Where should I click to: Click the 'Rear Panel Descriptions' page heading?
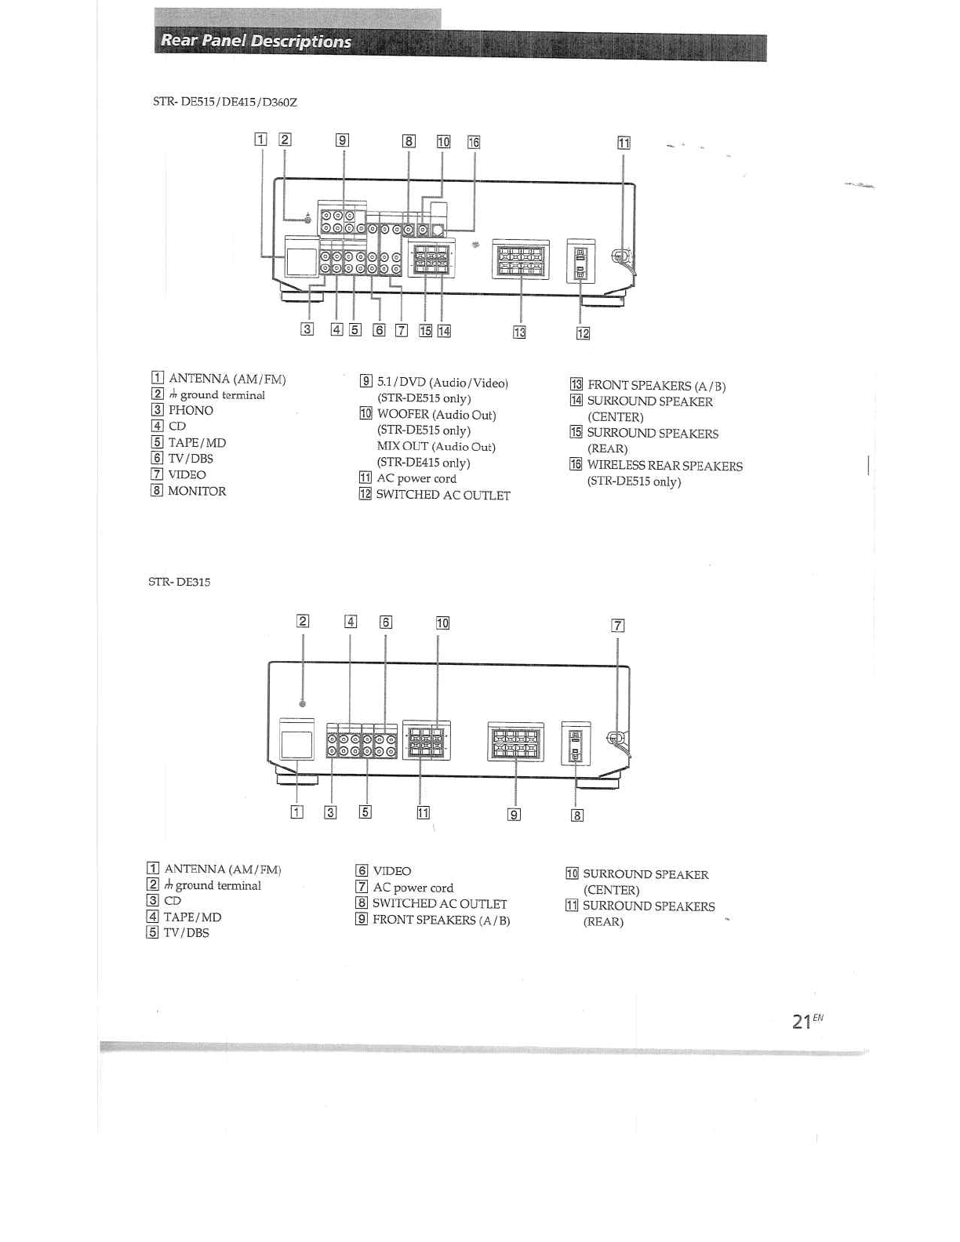(256, 42)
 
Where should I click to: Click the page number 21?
(801, 1022)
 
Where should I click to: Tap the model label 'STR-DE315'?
(180, 582)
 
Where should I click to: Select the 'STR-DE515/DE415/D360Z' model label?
(225, 102)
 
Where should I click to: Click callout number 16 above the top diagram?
(473, 142)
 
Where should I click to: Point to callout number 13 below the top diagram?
(519, 332)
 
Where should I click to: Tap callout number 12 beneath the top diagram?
(582, 333)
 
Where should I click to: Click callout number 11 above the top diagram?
(624, 143)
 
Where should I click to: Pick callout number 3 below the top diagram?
(307, 329)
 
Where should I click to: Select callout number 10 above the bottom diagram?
(442, 623)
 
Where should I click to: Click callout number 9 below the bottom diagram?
(514, 815)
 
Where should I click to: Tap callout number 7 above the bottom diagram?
(618, 625)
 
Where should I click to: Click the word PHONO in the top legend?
(191, 410)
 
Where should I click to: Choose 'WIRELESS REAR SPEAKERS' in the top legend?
(664, 466)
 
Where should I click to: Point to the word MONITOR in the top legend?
(197, 491)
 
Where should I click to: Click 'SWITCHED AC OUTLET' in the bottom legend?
(439, 903)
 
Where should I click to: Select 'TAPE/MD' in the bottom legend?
(192, 917)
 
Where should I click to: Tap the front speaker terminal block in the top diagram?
(520, 259)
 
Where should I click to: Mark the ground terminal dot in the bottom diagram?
(303, 703)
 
